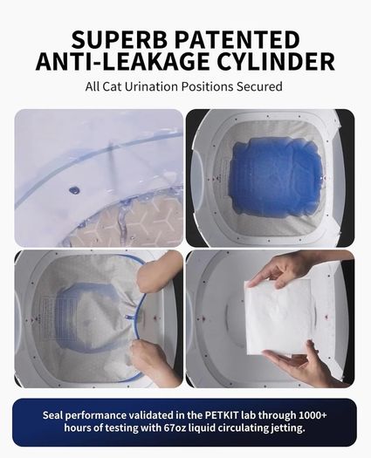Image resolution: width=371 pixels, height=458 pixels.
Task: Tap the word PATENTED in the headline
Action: [237, 39]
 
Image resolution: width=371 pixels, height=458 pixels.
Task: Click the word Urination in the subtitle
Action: [151, 86]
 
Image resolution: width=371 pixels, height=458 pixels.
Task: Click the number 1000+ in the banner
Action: [313, 415]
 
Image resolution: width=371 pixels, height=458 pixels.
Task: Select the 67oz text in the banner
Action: [174, 428]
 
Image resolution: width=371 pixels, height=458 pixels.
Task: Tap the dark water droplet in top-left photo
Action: [74, 190]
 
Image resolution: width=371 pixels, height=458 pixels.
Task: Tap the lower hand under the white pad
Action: [301, 366]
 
